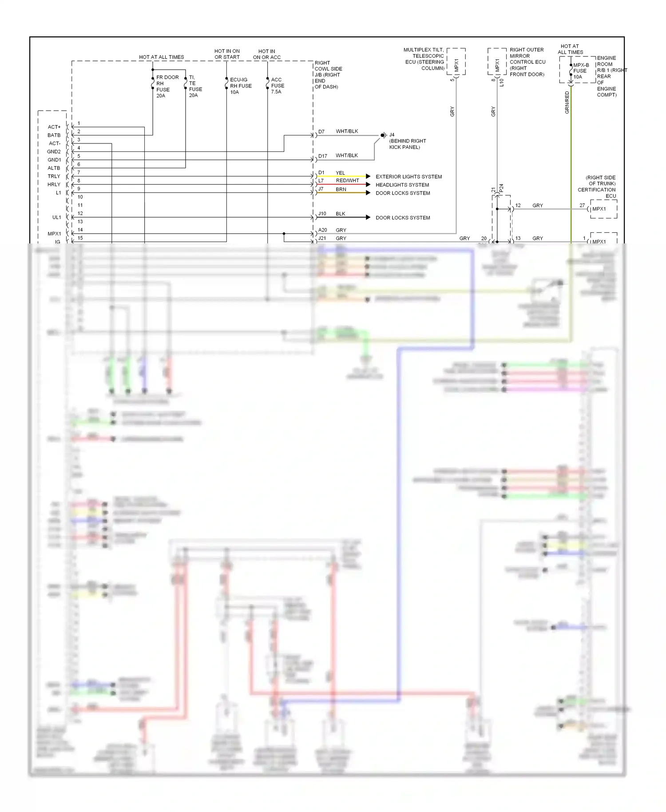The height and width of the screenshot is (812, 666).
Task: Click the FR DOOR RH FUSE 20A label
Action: point(167,86)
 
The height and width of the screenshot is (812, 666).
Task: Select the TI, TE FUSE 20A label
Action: point(195,86)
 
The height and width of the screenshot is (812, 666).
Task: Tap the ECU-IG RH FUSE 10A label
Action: point(241,86)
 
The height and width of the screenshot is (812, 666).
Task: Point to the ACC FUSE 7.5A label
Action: point(277,86)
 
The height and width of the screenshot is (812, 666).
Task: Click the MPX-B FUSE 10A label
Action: point(581,71)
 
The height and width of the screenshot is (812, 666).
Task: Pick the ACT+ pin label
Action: point(54,127)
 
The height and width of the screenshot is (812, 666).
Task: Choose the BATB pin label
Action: point(54,135)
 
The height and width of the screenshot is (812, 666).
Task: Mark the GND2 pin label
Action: point(54,151)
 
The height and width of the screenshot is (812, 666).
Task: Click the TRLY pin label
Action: point(54,176)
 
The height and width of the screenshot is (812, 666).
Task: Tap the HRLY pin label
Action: point(54,184)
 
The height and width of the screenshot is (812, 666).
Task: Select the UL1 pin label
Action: point(56,217)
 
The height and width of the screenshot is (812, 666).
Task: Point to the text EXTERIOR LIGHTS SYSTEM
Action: point(408,177)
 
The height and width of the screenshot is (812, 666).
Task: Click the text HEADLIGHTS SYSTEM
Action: point(402,185)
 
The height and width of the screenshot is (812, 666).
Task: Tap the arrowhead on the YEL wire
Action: point(368,176)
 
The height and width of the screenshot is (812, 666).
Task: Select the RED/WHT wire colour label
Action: point(347,180)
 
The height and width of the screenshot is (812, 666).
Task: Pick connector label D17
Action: point(322,156)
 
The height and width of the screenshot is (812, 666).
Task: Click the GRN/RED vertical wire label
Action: point(567,102)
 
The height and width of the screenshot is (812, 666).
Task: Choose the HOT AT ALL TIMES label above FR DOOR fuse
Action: point(161,57)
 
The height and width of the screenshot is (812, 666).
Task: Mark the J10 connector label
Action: point(322,214)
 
